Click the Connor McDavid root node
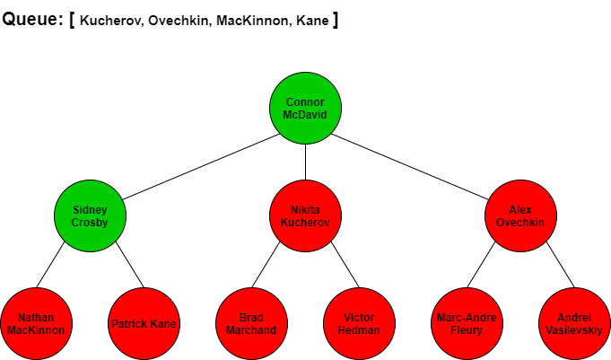click(x=305, y=108)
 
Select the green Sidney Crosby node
click(x=90, y=215)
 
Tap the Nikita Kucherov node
click(x=305, y=215)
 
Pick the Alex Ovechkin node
click(x=520, y=215)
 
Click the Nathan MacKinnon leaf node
click(x=36, y=323)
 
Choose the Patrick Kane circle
click(x=144, y=323)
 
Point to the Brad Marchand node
click(x=252, y=323)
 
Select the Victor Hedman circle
click(x=359, y=323)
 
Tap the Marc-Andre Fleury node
click(x=467, y=323)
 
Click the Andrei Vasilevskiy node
click(x=574, y=323)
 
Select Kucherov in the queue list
click(x=110, y=21)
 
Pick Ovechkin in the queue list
click(x=179, y=21)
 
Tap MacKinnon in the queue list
click(x=253, y=21)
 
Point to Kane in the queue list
click(x=312, y=21)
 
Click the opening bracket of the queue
click(x=72, y=20)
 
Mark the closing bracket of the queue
click(x=336, y=20)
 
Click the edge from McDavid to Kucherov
click(x=305, y=162)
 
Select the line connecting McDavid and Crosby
click(x=201, y=167)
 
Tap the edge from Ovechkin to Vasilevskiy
click(x=561, y=265)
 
